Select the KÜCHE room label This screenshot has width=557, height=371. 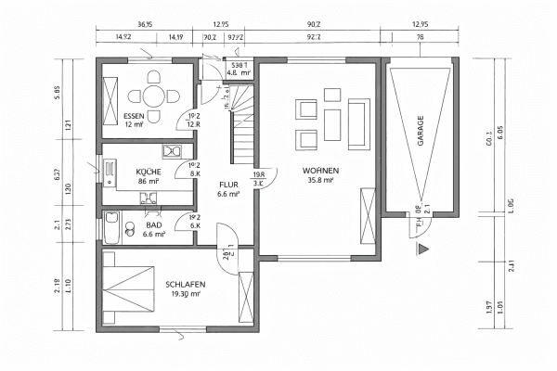(x=149, y=173)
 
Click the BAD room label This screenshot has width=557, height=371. (x=153, y=225)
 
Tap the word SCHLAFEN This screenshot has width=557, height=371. (x=186, y=284)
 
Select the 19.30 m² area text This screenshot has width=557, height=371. (x=186, y=294)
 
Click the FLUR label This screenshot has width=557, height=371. (x=228, y=184)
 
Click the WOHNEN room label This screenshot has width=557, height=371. (x=319, y=172)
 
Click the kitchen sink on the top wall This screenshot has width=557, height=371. (x=171, y=151)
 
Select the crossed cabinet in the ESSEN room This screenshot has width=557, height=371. (x=110, y=95)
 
